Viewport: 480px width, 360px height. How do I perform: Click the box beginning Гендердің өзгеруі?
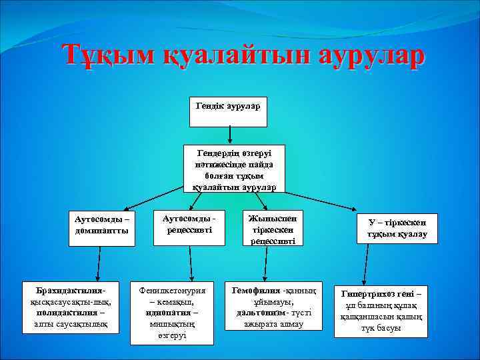[234, 169]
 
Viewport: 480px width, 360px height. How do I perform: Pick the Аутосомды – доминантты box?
[102, 227]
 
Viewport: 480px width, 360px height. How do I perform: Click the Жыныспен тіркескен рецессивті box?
[273, 229]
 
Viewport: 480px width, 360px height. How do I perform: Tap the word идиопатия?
[167, 312]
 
